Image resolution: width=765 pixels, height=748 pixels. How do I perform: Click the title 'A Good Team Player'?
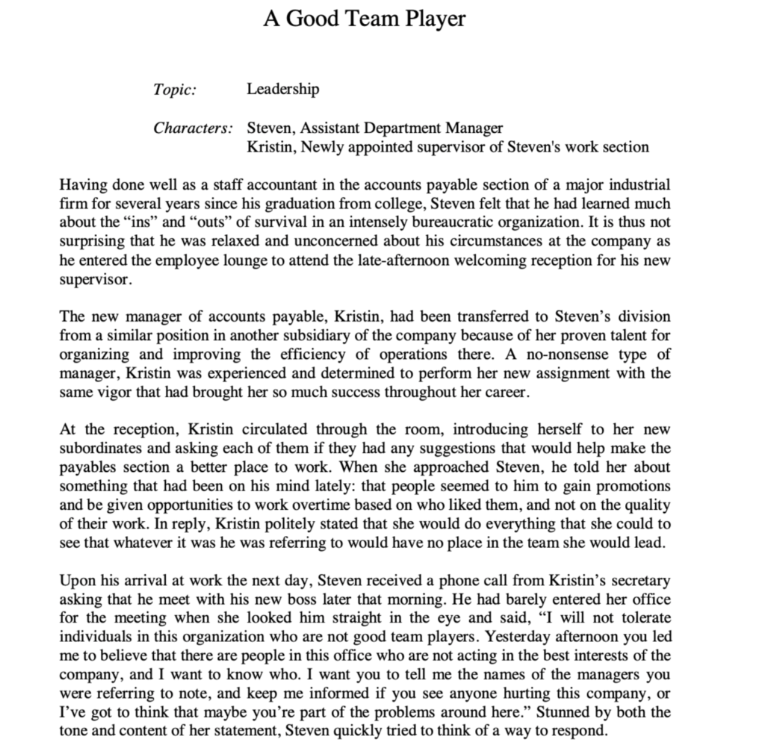(364, 18)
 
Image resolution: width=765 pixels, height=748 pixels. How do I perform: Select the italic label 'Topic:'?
(175, 90)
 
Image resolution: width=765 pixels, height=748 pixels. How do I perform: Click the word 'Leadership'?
(282, 90)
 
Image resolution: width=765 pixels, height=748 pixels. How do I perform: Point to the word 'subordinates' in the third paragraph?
(98, 448)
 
